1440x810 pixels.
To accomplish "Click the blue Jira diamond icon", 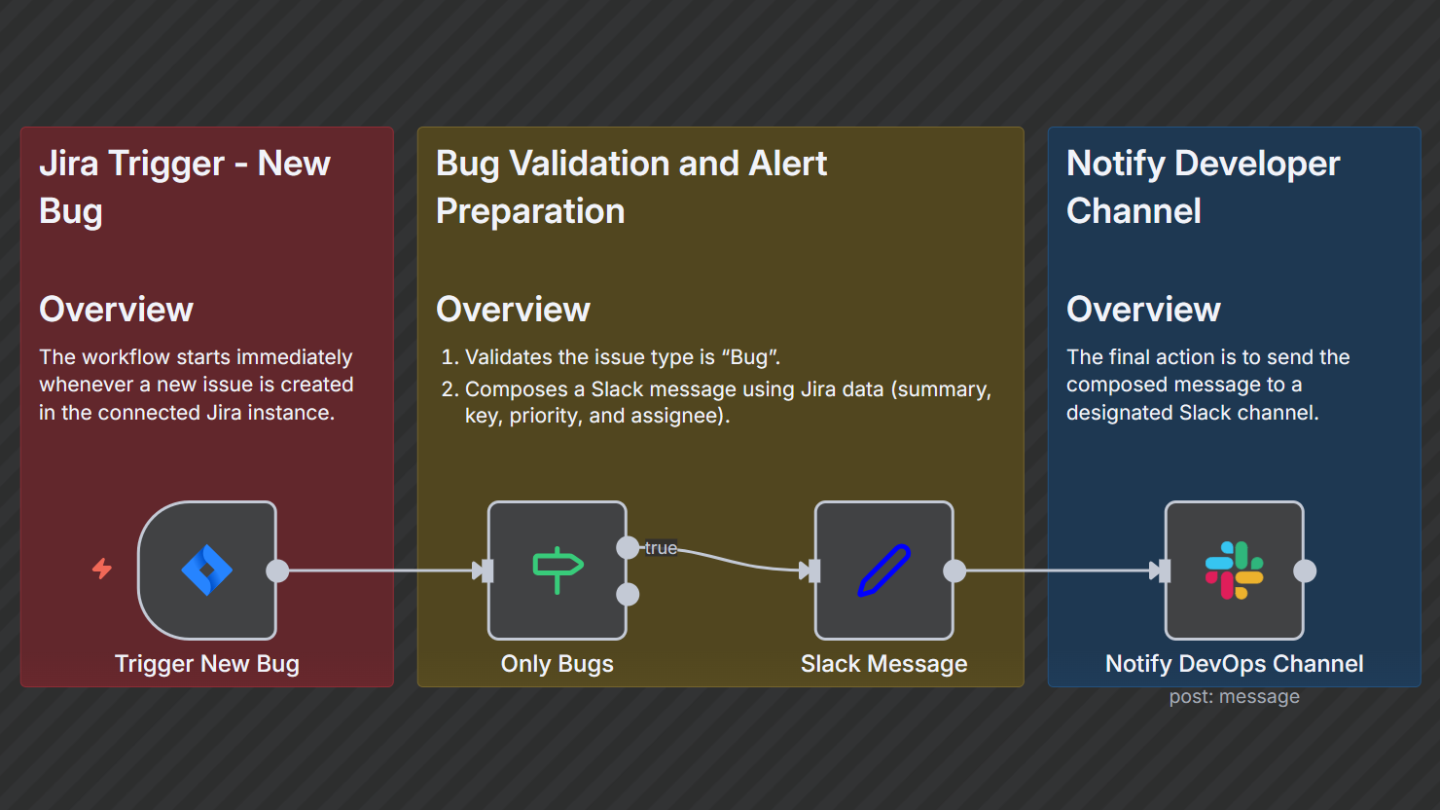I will pyautogui.click(x=207, y=571).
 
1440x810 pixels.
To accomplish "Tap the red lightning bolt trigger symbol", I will pyautogui.click(x=102, y=568).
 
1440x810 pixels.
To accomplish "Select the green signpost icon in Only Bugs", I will pyautogui.click(x=558, y=570).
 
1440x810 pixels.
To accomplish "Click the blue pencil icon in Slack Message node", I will pyautogui.click(x=883, y=570).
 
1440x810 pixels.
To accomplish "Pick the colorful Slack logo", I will pyautogui.click(x=1234, y=571).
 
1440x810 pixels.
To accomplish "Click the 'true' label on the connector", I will pyautogui.click(x=661, y=548).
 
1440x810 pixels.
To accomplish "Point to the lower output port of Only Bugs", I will pyautogui.click(x=629, y=594).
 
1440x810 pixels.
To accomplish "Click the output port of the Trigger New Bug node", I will pyautogui.click(x=278, y=571).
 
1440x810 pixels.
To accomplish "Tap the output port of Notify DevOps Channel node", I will pyautogui.click(x=1305, y=571).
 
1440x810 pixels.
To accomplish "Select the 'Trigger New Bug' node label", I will pyautogui.click(x=207, y=664).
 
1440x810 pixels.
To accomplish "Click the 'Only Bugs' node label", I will pyautogui.click(x=558, y=664).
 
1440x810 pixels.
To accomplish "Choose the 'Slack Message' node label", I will pyautogui.click(x=883, y=664).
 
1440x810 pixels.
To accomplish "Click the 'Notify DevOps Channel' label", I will pyautogui.click(x=1234, y=664).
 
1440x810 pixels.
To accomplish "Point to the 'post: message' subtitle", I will pyautogui.click(x=1234, y=697).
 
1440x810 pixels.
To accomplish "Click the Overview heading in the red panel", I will pyautogui.click(x=116, y=310).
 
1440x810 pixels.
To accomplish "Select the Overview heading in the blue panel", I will pyautogui.click(x=1143, y=310).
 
